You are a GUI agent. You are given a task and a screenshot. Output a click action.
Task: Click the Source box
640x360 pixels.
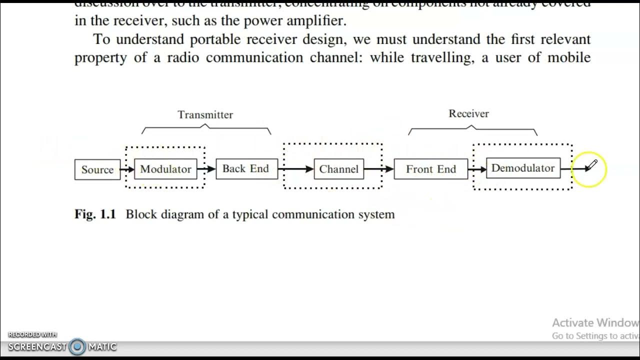click(x=97, y=169)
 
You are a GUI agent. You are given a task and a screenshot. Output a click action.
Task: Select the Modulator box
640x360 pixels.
click(x=165, y=169)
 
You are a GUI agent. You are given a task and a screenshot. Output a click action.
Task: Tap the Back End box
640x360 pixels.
click(x=246, y=168)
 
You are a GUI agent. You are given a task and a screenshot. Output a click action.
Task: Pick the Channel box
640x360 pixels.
click(x=339, y=169)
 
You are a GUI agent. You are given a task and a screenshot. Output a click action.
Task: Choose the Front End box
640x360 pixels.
click(x=431, y=169)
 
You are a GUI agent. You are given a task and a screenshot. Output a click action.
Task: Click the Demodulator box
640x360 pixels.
click(x=523, y=168)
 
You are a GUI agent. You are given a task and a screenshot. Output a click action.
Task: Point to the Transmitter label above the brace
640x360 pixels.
click(x=205, y=114)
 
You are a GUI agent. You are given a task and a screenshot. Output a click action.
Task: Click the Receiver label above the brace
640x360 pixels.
click(x=468, y=113)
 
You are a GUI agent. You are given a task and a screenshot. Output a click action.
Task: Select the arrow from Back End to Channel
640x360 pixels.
click(x=295, y=169)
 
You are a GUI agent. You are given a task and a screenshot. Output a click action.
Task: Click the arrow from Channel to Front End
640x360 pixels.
click(x=378, y=169)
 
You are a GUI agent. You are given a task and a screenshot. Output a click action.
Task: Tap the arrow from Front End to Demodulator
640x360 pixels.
click(x=477, y=169)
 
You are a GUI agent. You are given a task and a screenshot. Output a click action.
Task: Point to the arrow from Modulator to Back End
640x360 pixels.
click(x=206, y=169)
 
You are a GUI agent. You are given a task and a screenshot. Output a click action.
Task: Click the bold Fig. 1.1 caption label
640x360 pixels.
click(x=95, y=214)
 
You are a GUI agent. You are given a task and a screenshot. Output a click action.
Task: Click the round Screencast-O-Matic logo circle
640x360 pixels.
click(x=77, y=346)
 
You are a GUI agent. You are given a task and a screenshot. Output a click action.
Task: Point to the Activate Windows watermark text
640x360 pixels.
click(x=595, y=323)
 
